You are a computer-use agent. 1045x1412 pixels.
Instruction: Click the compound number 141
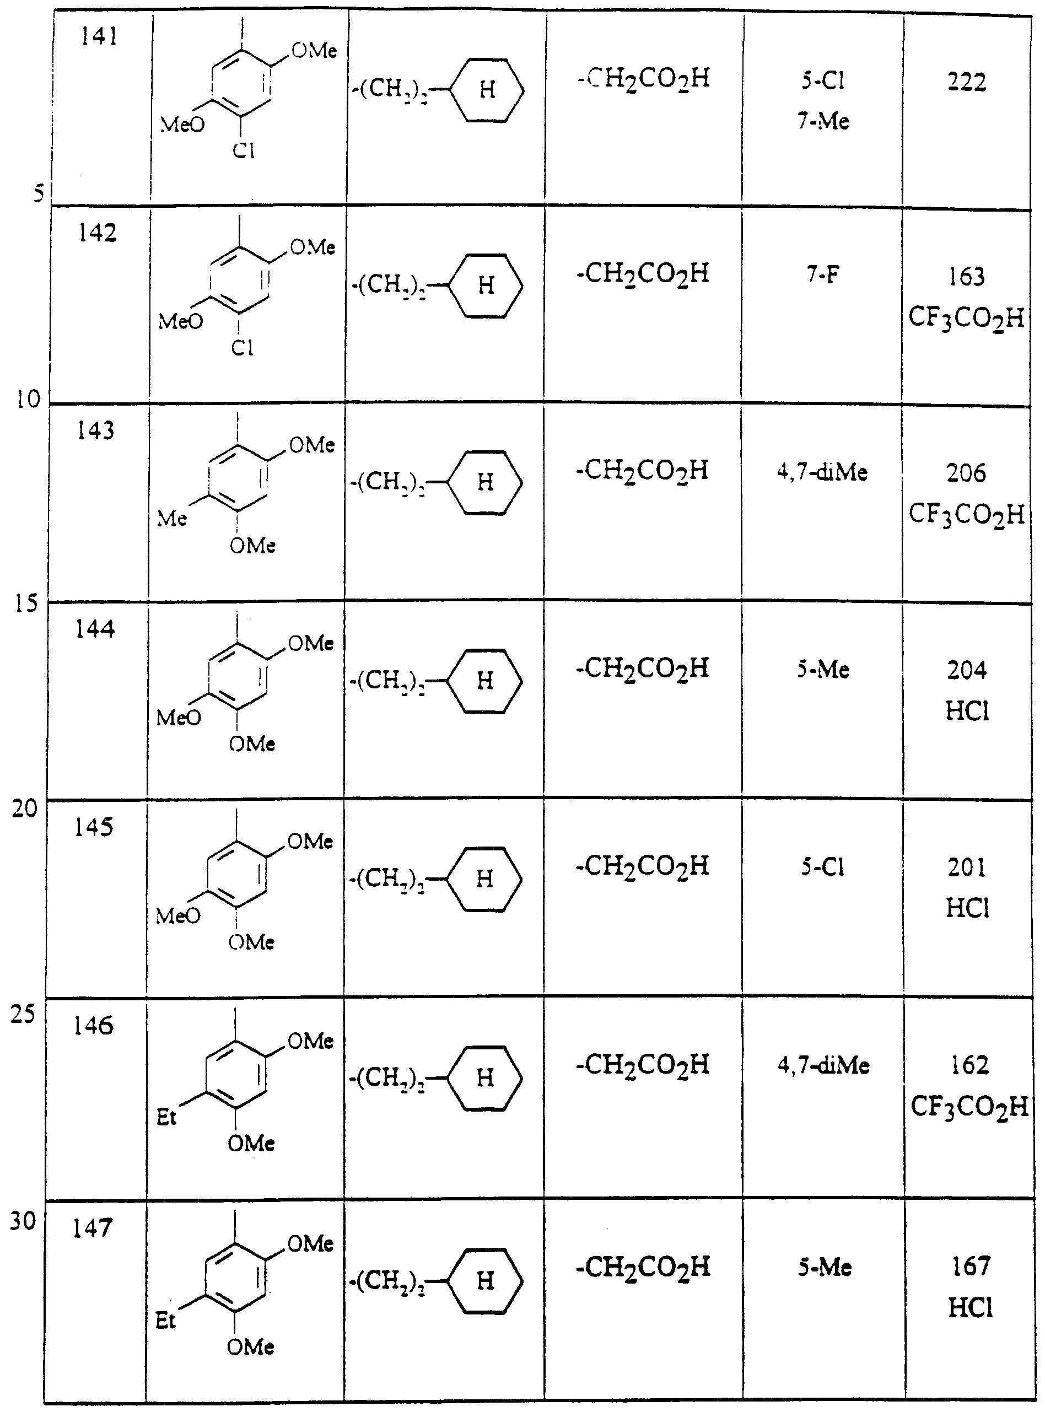pos(99,38)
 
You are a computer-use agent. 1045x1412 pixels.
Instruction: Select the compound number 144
pos(95,629)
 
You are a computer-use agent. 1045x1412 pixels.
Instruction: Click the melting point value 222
pos(967,83)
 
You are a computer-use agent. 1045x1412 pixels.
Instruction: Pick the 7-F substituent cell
pos(823,275)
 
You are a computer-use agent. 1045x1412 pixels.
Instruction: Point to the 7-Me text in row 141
pos(823,121)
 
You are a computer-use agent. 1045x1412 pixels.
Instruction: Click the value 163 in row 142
pos(967,277)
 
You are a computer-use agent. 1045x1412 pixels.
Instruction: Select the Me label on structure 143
pos(172,519)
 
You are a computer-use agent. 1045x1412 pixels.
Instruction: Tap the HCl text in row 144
pos(967,712)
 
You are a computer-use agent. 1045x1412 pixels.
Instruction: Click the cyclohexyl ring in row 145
pos(484,879)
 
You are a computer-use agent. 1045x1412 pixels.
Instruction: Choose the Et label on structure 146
pos(166,1118)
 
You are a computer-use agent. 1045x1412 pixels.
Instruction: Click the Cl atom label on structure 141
pos(244,150)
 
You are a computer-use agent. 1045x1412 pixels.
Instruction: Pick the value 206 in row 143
pos(966,473)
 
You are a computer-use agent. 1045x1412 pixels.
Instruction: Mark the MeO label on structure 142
pos(181,322)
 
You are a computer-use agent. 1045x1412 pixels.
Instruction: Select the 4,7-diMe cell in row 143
pos(822,472)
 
